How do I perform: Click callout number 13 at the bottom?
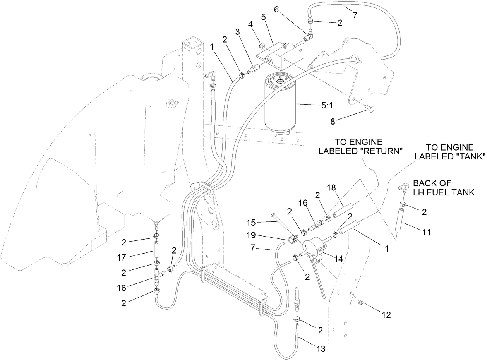(x=321, y=348)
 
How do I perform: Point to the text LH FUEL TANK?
(x=444, y=192)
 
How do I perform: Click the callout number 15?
(x=252, y=223)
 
